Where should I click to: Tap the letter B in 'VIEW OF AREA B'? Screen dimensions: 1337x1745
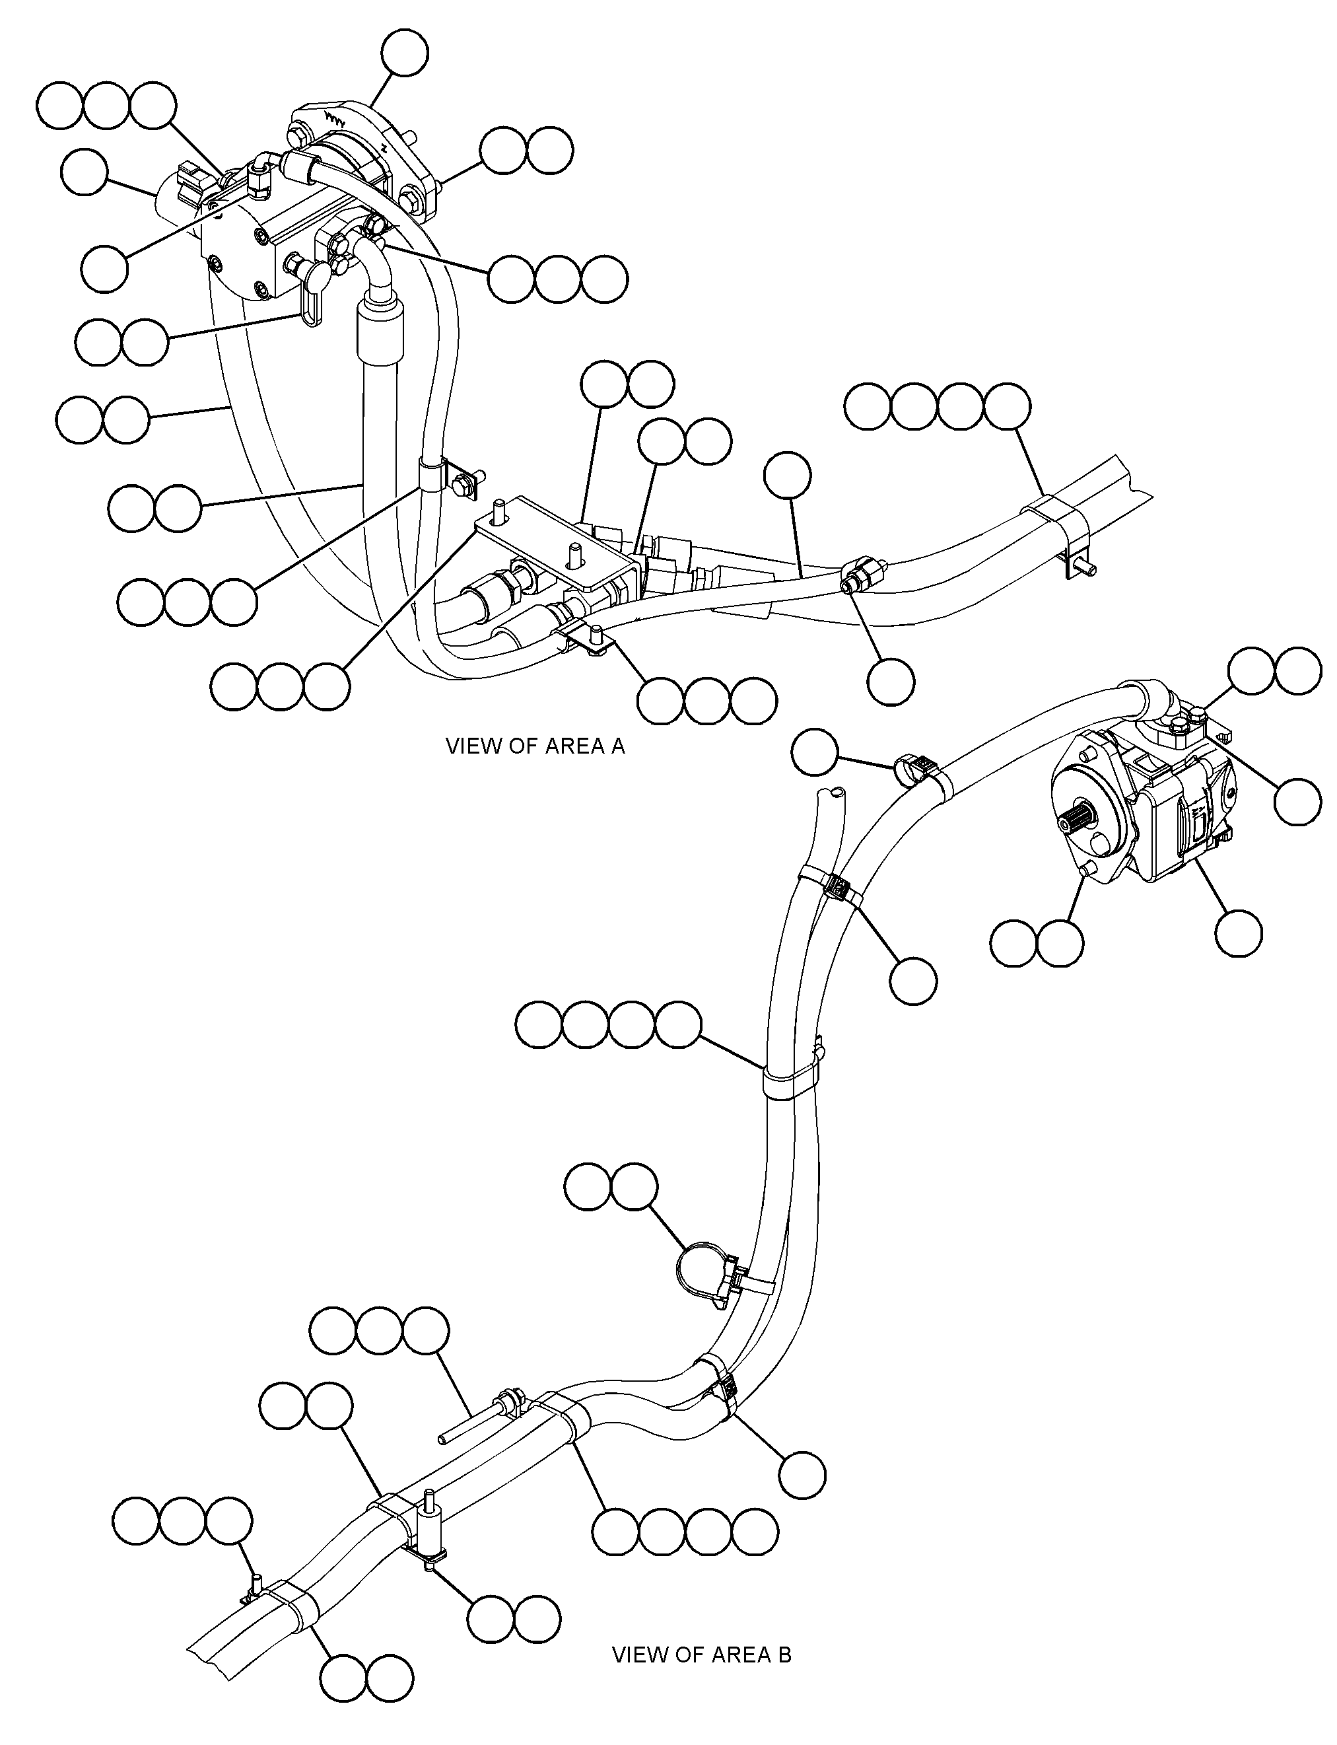[784, 1655]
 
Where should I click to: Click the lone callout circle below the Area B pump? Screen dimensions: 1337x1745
[1239, 932]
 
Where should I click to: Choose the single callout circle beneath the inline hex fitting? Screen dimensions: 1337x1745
[891, 682]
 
